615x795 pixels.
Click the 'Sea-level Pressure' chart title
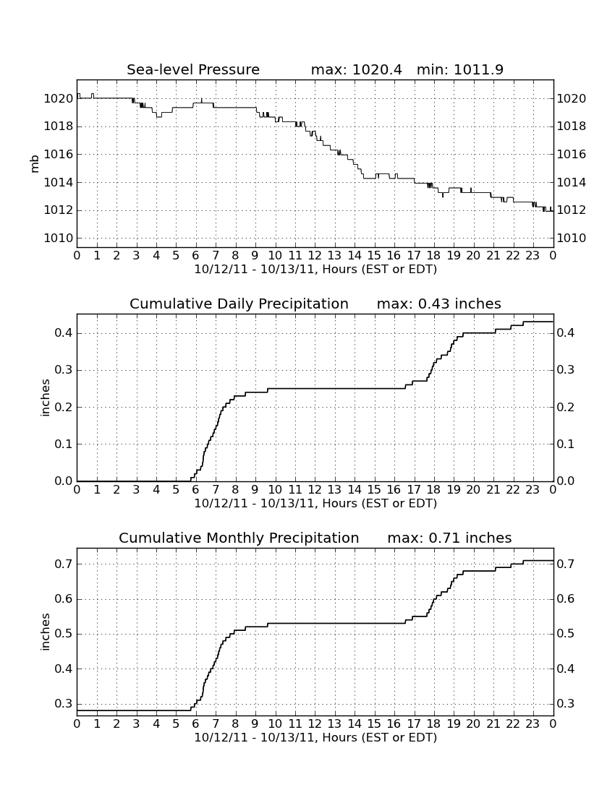coord(193,69)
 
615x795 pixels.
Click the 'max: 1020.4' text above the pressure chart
coord(356,69)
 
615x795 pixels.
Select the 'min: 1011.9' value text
coord(460,69)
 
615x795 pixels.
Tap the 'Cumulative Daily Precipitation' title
coord(239,304)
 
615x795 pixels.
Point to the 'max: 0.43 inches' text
coord(439,304)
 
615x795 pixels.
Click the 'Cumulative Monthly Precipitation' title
coord(239,538)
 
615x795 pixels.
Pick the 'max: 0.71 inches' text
coord(449,538)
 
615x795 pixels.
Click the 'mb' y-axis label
coord(35,164)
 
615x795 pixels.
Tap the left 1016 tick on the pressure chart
coord(59,154)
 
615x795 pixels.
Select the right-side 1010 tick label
coord(572,238)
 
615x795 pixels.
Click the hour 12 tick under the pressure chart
coord(315,256)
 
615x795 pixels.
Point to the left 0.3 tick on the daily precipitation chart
coord(64,370)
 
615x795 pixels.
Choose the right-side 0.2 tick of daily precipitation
coord(566,407)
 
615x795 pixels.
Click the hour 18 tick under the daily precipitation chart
coord(434,490)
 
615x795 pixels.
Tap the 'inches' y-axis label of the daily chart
coord(46,398)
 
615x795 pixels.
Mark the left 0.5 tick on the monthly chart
coord(64,634)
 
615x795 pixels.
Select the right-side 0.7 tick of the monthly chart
coord(566,564)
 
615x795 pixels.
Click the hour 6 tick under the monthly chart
coord(196,724)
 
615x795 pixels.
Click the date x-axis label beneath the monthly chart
coord(315,737)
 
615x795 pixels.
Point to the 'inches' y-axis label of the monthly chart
coord(46,632)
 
